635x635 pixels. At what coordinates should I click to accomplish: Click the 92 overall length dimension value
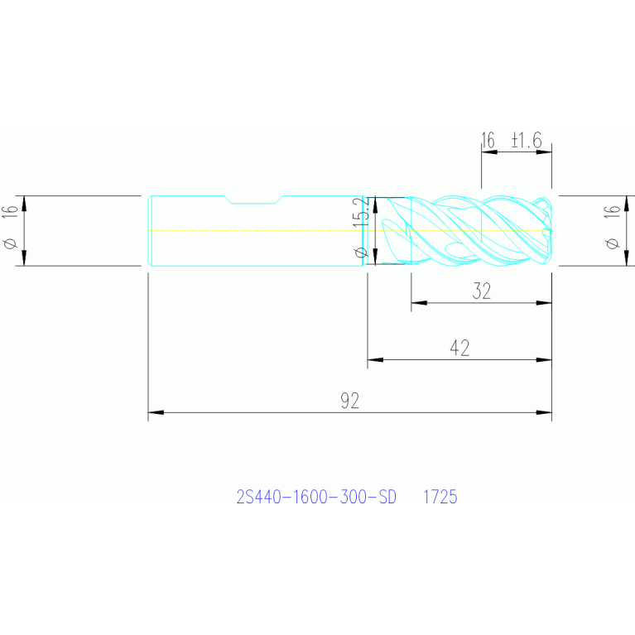[350, 401]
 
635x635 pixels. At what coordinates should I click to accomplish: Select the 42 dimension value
[459, 348]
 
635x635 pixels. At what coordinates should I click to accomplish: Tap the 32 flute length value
[482, 291]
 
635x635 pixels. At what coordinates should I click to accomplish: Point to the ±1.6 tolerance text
[527, 140]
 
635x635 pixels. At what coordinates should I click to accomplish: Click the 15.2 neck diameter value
[361, 212]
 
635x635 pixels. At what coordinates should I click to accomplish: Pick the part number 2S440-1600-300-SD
[316, 497]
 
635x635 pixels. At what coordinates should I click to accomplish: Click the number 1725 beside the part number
[440, 497]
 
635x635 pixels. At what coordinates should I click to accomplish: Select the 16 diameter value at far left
[11, 212]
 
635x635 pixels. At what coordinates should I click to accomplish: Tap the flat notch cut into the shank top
[253, 200]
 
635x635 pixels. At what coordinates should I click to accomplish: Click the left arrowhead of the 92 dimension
[156, 412]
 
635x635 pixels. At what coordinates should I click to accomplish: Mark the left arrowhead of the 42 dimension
[375, 359]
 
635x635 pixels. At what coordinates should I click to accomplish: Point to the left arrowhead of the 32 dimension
[419, 302]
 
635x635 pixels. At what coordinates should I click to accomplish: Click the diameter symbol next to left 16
[11, 243]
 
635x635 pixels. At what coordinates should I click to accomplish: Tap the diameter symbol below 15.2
[361, 253]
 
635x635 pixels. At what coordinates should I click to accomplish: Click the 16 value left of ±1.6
[488, 140]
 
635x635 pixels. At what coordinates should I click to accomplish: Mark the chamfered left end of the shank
[149, 231]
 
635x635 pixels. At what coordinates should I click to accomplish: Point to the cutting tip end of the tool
[551, 231]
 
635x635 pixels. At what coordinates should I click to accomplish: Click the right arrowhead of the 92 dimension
[544, 412]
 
